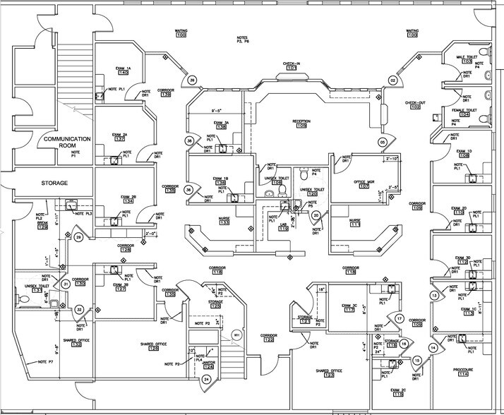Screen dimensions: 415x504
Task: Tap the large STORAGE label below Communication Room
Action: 53,184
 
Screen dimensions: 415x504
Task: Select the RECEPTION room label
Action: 301,121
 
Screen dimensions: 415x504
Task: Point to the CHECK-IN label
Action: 292,64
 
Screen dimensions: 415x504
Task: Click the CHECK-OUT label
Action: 415,102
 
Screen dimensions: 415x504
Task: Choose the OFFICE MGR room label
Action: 364,181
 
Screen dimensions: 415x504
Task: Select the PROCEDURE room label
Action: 463,370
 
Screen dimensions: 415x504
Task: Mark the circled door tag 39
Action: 192,81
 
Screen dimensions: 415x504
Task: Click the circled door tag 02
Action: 393,81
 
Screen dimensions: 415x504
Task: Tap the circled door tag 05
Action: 383,142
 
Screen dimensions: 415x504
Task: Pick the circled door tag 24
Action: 207,380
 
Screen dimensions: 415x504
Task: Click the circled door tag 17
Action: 399,319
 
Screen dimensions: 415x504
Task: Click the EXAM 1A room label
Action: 124,68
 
